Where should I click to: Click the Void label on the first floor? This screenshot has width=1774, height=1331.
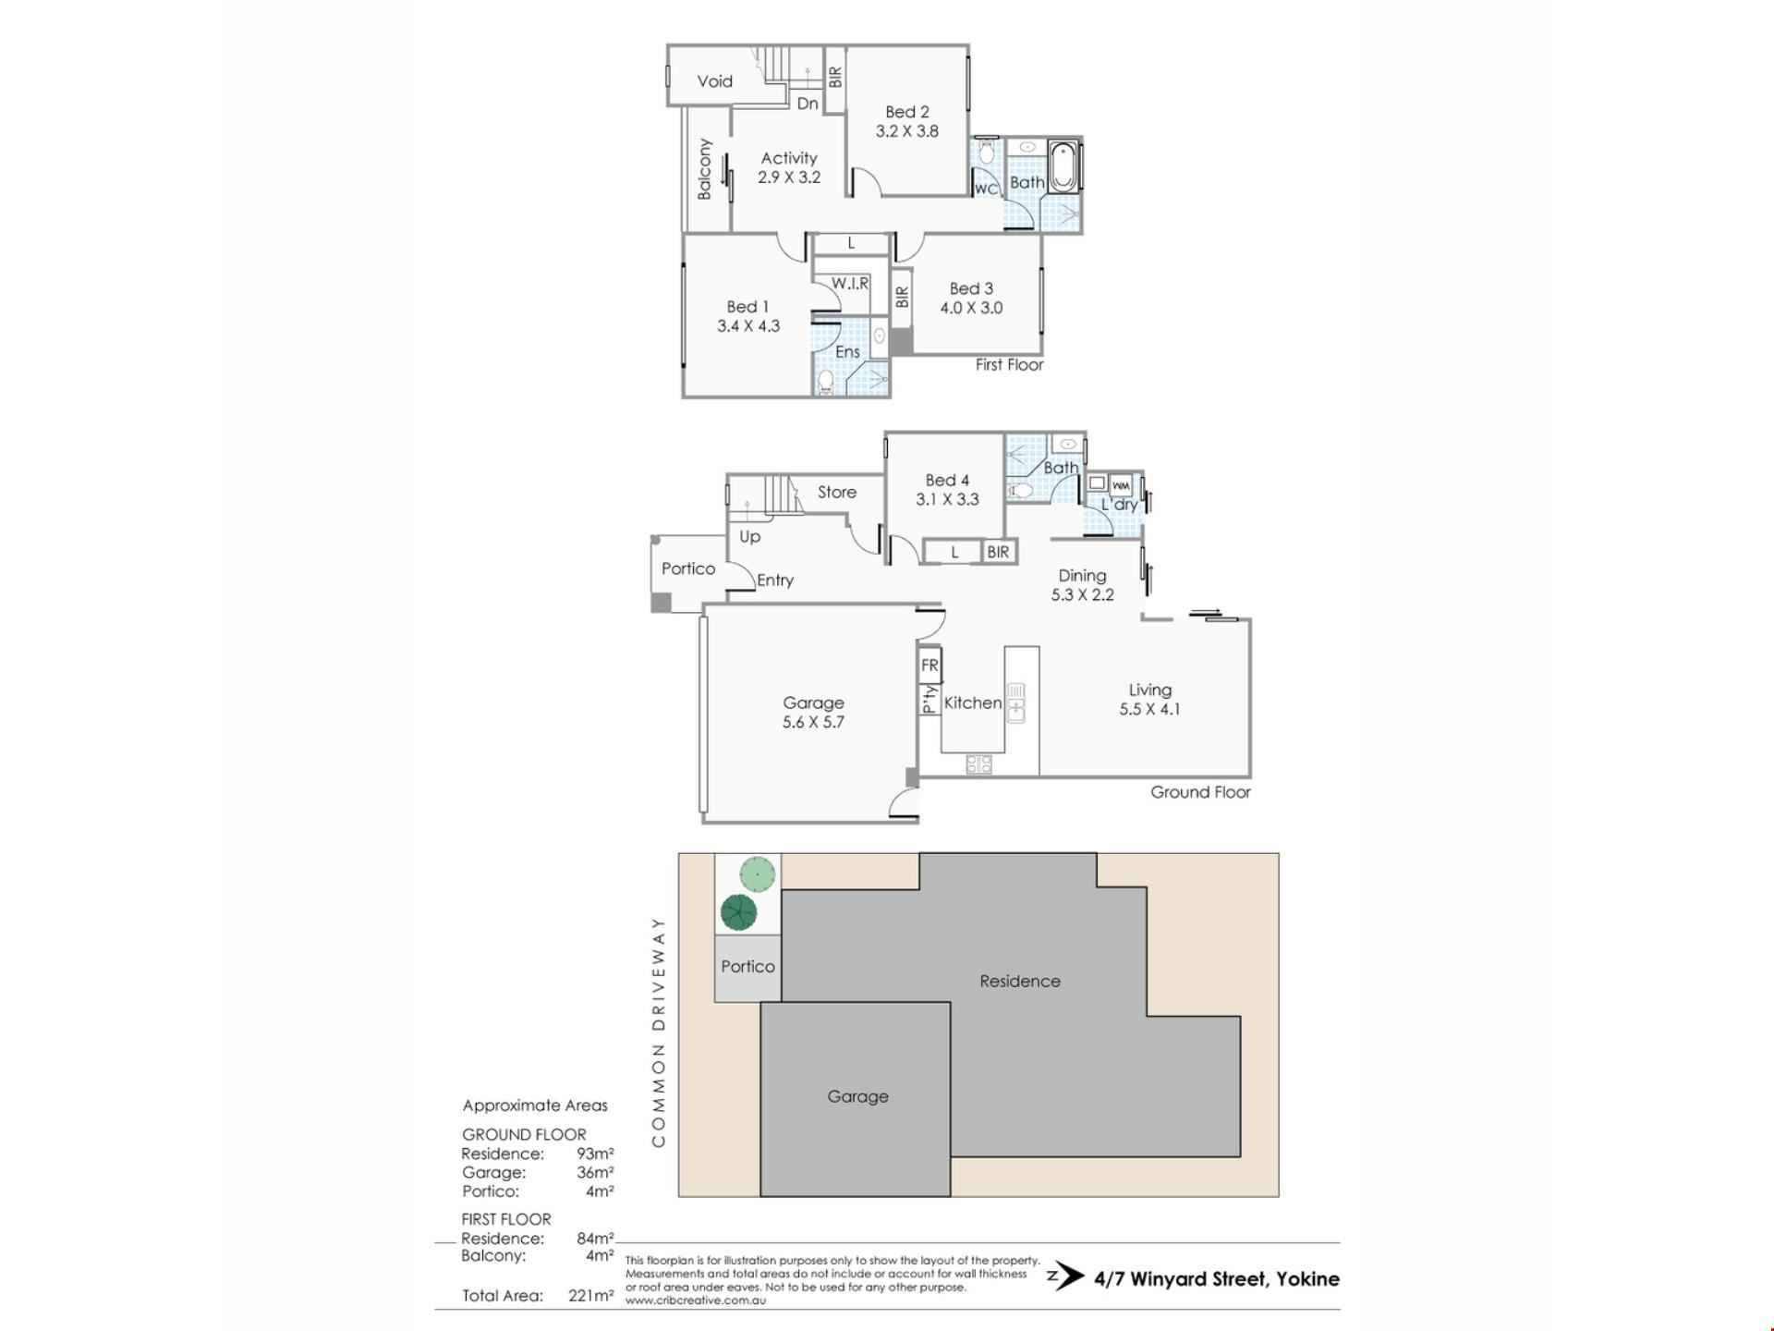click(714, 81)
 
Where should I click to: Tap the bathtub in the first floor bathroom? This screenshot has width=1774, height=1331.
click(1064, 166)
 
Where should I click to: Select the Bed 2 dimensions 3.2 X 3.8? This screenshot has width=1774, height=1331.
click(907, 131)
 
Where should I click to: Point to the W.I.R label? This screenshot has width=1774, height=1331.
click(850, 284)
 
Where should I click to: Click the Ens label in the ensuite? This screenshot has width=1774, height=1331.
click(847, 352)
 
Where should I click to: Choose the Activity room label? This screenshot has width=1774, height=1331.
click(789, 158)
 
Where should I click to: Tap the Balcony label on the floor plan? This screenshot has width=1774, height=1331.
click(705, 169)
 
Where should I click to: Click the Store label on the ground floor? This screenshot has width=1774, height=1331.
click(837, 493)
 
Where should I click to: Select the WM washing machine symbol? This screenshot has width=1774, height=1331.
click(1122, 484)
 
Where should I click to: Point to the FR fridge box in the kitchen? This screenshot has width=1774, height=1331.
click(930, 665)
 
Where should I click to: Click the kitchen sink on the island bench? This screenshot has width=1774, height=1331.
click(1015, 702)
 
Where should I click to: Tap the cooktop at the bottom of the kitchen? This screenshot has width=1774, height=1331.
click(978, 764)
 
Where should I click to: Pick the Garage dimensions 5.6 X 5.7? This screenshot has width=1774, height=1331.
click(813, 723)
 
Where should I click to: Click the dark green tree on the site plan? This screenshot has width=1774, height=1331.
click(738, 913)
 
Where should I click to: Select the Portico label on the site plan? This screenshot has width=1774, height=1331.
click(747, 967)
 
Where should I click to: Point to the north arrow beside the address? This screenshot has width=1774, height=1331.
click(1066, 1277)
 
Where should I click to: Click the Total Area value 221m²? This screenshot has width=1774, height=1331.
click(591, 1296)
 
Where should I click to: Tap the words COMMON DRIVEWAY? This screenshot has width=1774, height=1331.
click(659, 1032)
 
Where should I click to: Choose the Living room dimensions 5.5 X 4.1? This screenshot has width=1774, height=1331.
click(1150, 710)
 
